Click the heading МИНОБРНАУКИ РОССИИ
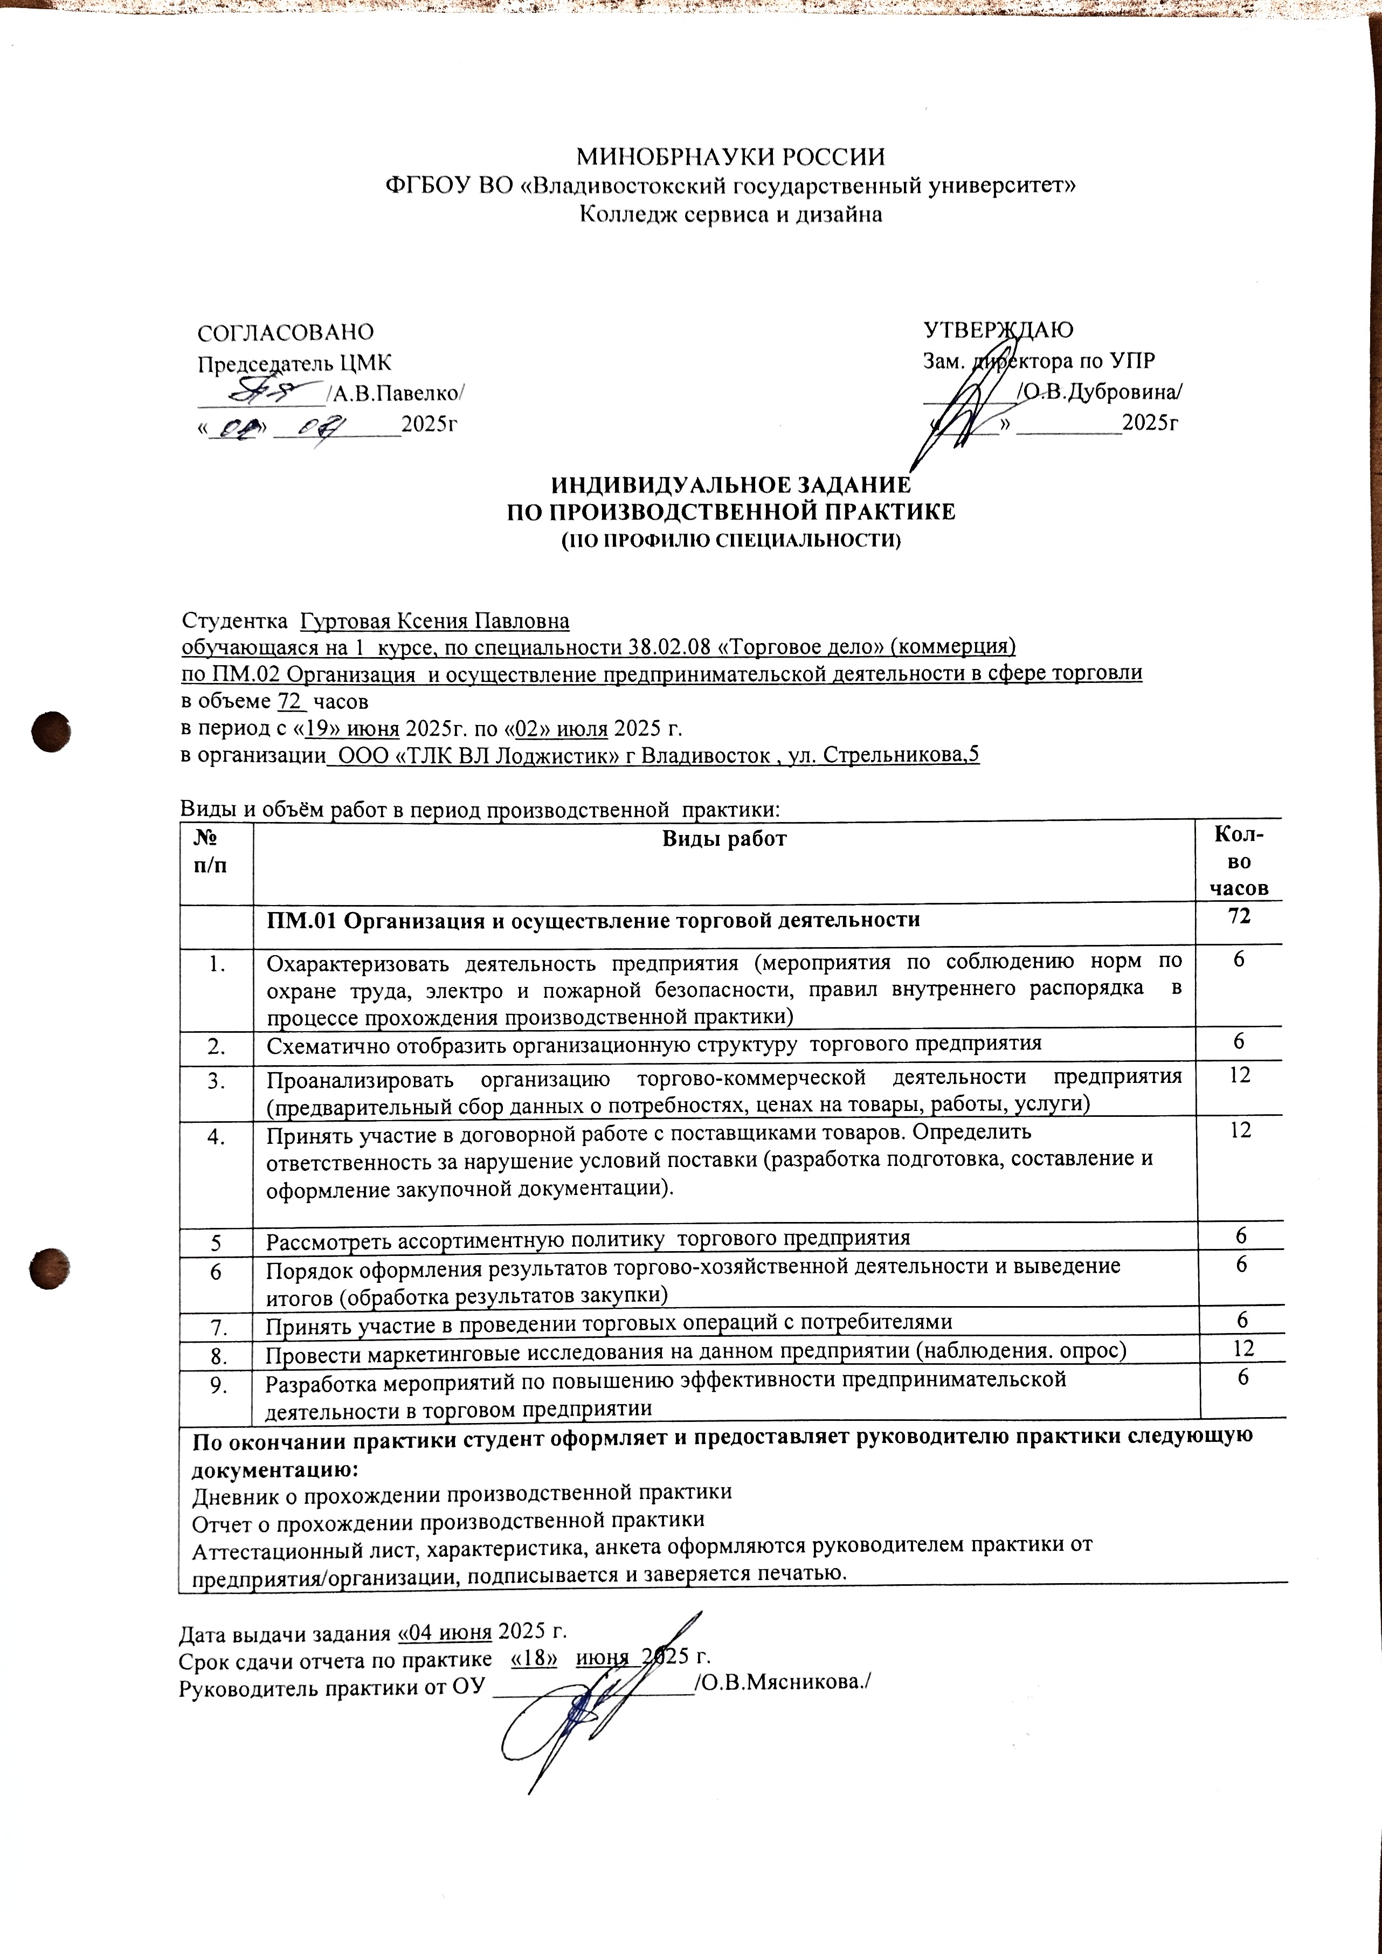click(730, 157)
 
